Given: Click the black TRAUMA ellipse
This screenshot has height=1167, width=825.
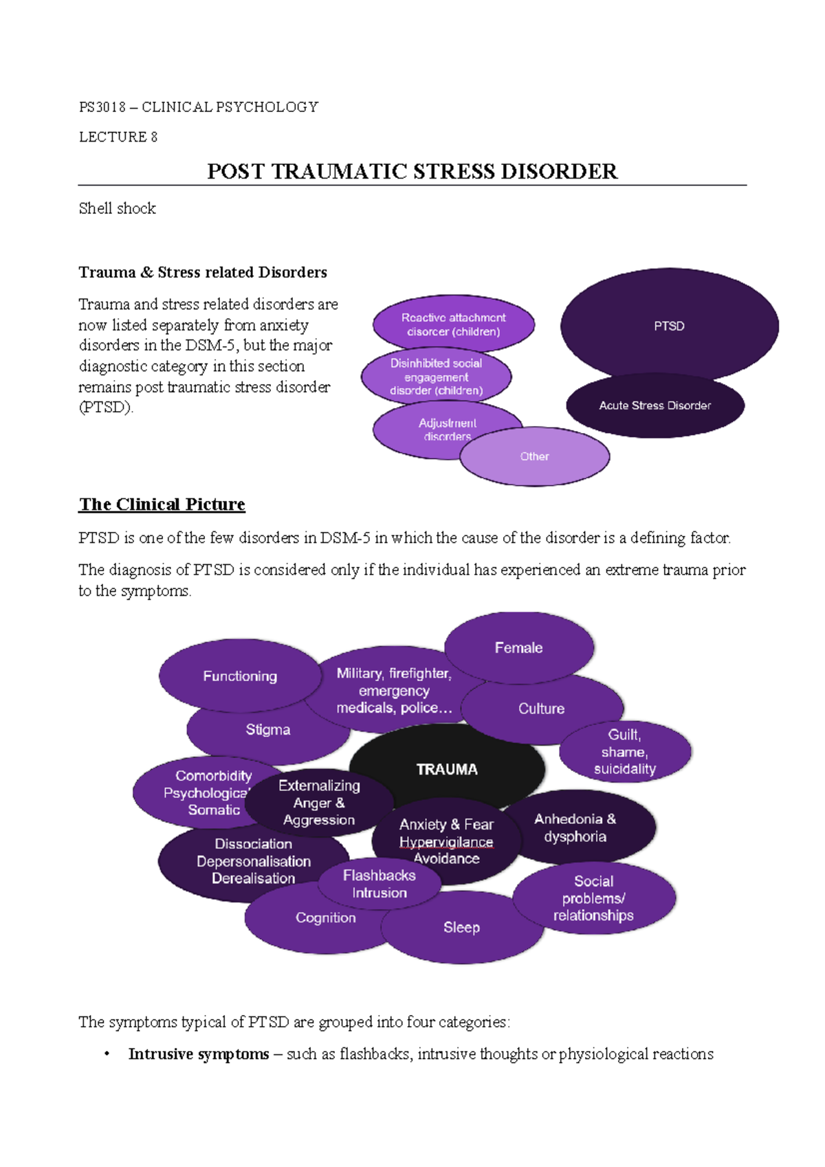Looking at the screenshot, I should click(x=447, y=763).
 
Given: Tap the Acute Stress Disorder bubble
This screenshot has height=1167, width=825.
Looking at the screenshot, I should click(x=654, y=405).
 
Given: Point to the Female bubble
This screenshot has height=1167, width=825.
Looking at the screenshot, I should click(x=519, y=647).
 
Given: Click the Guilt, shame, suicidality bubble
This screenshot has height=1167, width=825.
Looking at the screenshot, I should click(x=625, y=752).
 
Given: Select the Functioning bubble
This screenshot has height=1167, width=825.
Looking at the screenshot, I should click(x=240, y=676).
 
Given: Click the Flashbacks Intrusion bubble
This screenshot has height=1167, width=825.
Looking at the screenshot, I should click(x=379, y=884).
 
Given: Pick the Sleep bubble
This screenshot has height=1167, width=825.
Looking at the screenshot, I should click(x=461, y=928).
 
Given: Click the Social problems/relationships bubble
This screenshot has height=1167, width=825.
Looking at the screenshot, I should click(x=594, y=898).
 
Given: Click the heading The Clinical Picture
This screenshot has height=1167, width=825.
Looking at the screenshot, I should click(x=162, y=504).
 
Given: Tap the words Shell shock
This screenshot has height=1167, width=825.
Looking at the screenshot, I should click(x=117, y=208).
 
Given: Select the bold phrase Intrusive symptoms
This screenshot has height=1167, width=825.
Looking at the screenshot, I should click(x=198, y=1054).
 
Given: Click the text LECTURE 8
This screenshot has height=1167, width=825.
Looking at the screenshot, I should click(x=118, y=137).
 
